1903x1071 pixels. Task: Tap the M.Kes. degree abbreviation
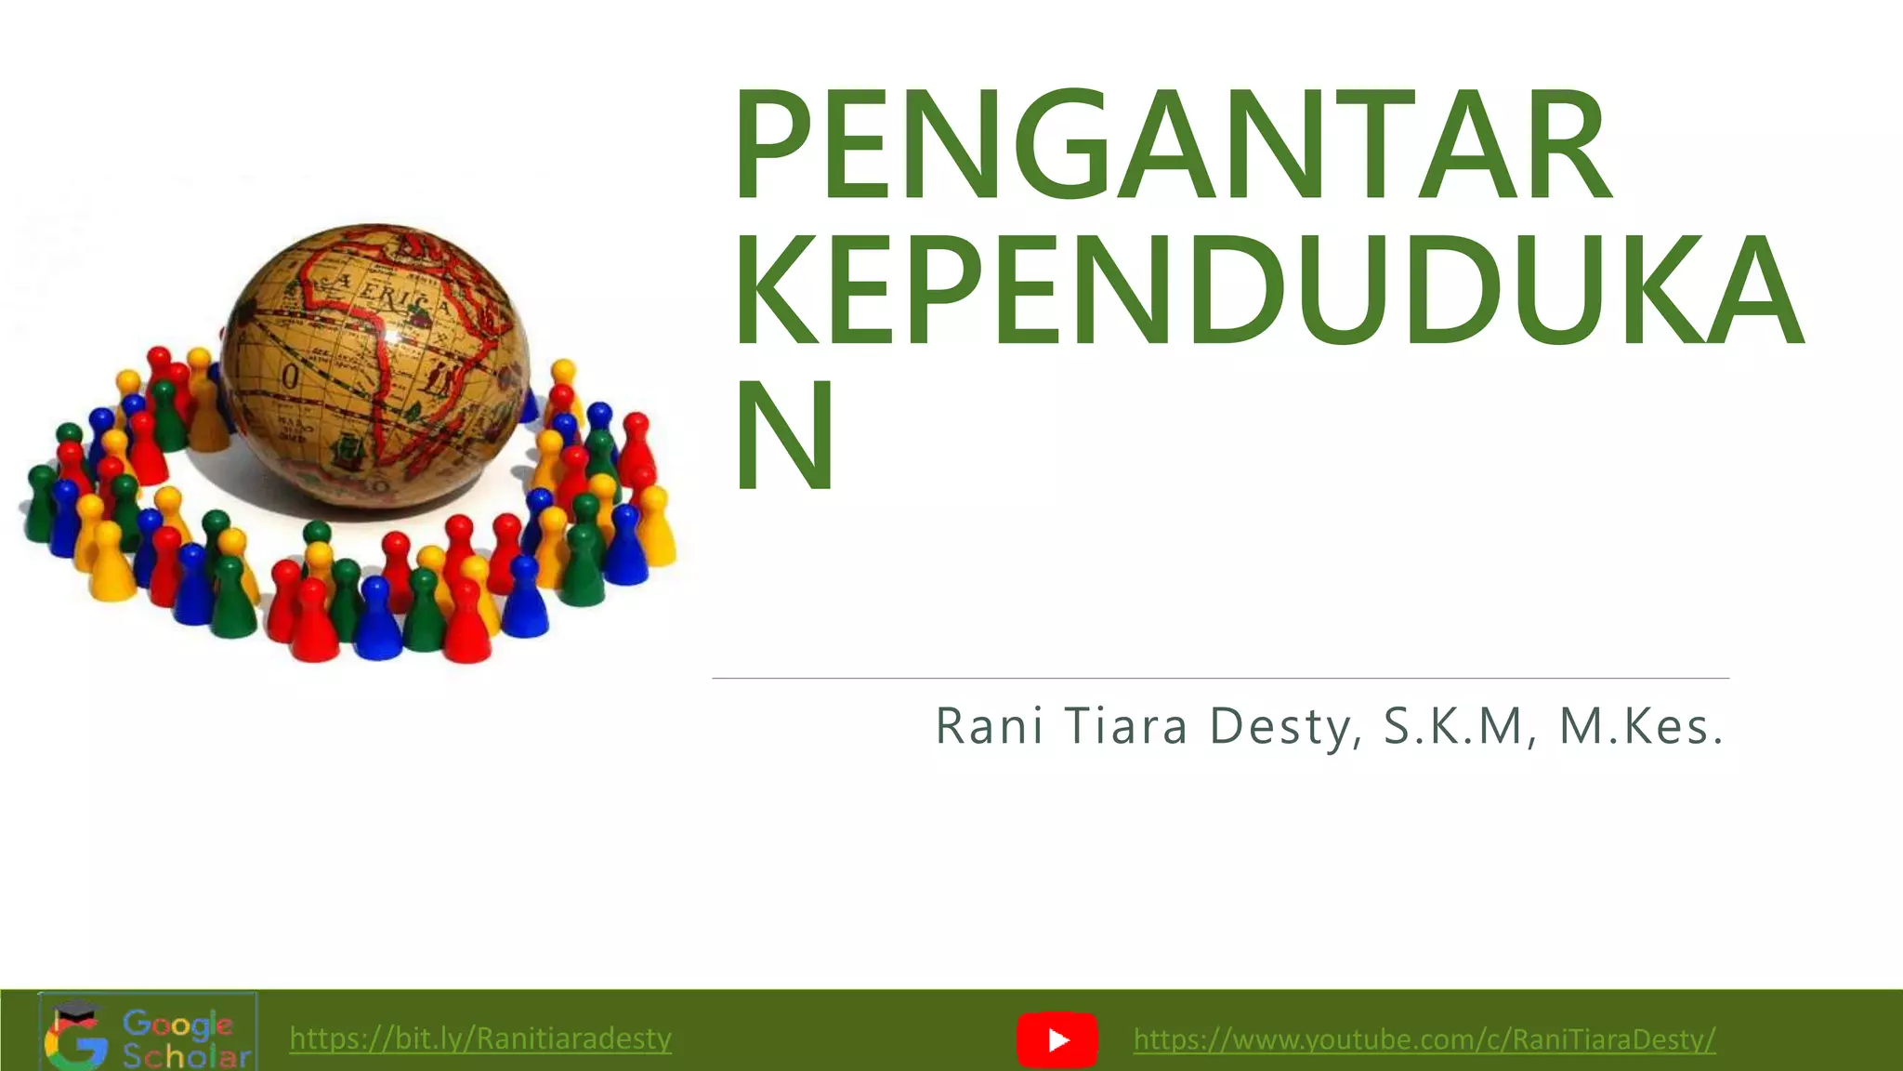coord(1641,727)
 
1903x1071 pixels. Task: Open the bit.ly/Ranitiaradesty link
coord(480,1038)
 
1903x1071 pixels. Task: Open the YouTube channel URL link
coord(1424,1038)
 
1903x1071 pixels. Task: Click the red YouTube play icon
coord(1057,1039)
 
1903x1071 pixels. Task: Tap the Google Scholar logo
coord(148,1032)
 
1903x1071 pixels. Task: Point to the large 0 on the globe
coord(290,377)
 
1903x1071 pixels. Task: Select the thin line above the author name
coord(1220,679)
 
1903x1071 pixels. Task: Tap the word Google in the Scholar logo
coord(177,1025)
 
